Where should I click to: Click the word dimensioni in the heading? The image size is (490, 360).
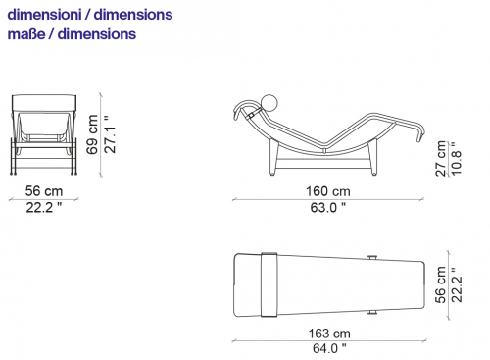click(x=44, y=15)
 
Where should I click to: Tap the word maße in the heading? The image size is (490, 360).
click(x=26, y=34)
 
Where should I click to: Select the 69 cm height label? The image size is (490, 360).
click(x=92, y=134)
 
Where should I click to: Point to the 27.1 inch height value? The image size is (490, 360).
click(x=110, y=134)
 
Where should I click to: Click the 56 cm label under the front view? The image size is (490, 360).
click(x=44, y=191)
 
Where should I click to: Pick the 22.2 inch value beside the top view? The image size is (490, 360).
click(x=457, y=284)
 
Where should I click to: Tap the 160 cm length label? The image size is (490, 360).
click(x=328, y=191)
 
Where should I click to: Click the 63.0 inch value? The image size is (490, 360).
click(x=328, y=207)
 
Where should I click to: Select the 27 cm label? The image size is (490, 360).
click(x=441, y=159)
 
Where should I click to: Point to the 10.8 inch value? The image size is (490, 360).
click(x=456, y=159)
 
